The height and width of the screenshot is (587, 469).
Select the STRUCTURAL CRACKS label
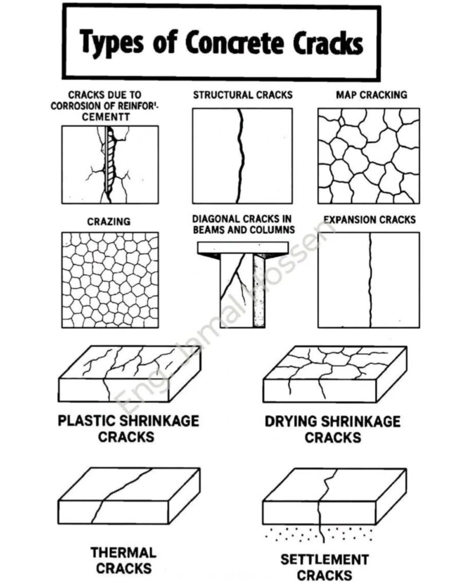coord(242,95)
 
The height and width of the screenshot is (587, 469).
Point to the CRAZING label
coord(108,221)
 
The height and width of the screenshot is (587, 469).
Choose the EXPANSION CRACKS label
coord(369,220)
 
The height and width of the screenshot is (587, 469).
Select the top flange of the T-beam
coord(242,248)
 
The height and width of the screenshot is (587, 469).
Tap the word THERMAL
coord(124,553)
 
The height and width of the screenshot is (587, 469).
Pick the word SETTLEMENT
coord(324,559)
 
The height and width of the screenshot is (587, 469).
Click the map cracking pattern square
coord(368,156)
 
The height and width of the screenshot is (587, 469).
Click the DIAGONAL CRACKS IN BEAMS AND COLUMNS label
coord(243,224)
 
